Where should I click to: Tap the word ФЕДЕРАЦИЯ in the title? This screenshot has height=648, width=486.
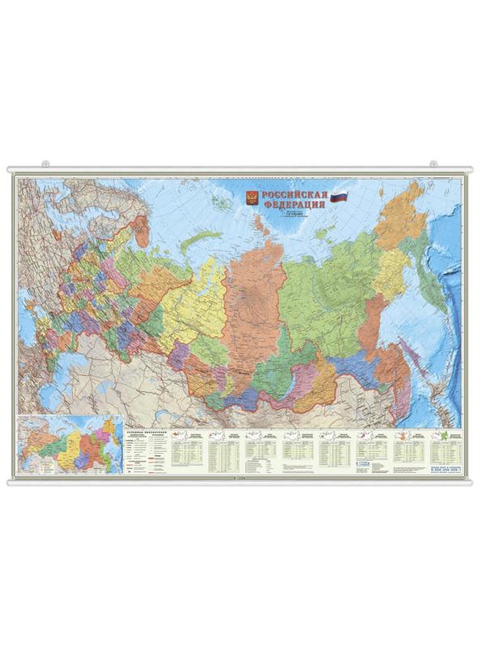[x=293, y=206]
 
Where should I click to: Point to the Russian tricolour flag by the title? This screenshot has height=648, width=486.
[x=339, y=196]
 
